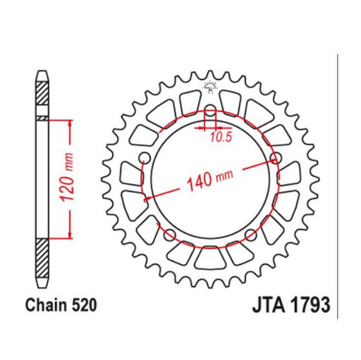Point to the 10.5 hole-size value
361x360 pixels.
click(x=219, y=137)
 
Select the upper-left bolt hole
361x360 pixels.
click(x=144, y=156)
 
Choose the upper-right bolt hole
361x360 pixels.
click(x=275, y=156)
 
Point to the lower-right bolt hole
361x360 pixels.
click(x=250, y=234)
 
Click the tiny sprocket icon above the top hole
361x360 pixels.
click(x=209, y=87)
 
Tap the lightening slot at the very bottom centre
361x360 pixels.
click(x=209, y=259)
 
